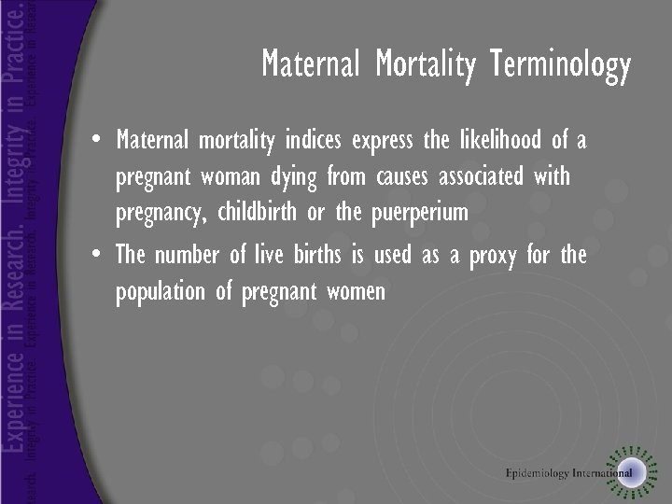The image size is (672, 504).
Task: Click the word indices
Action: pos(315,141)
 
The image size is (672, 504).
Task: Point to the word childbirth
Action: pos(257,212)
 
